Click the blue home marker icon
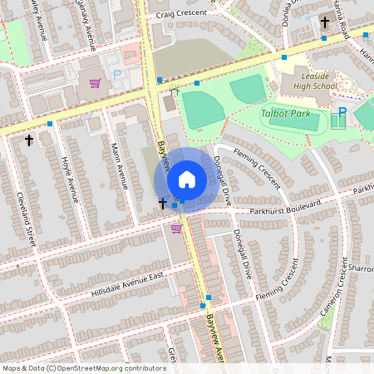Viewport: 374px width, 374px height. [186, 180]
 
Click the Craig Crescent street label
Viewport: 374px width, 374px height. [178, 14]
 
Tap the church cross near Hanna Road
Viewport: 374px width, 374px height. [325, 22]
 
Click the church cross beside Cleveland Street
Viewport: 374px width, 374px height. [30, 140]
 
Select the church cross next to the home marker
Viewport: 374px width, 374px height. [163, 203]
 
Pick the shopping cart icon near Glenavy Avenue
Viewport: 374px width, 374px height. [95, 82]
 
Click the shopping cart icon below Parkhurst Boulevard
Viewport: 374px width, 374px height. [176, 228]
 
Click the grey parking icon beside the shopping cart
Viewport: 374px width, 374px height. [117, 75]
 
